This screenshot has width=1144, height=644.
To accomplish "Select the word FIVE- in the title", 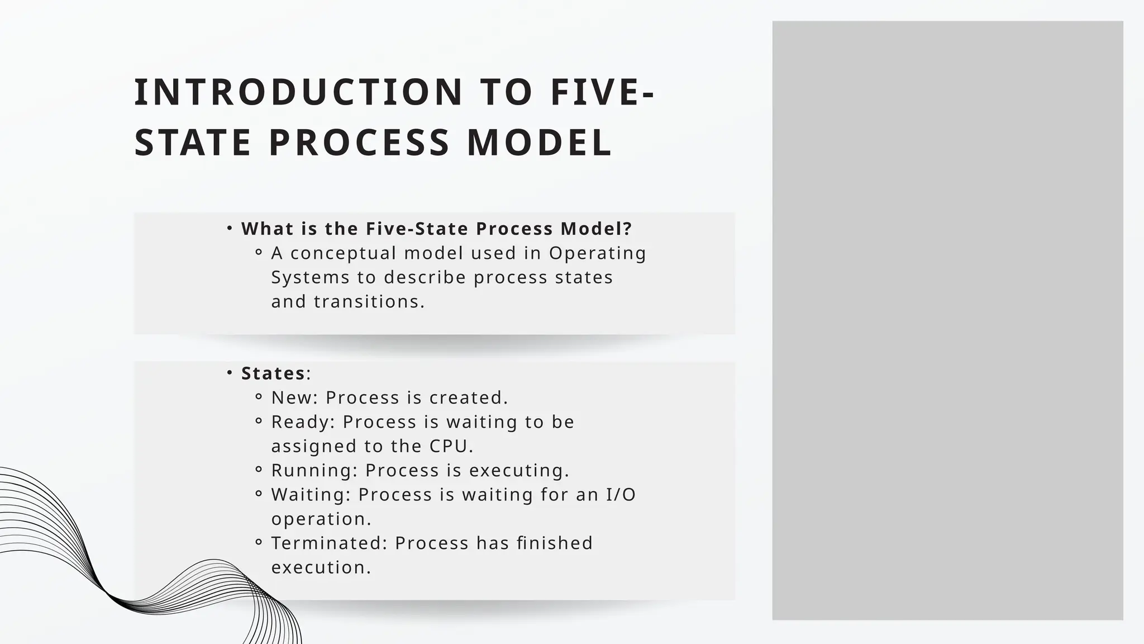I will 602,92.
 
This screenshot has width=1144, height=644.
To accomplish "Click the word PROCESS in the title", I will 359,143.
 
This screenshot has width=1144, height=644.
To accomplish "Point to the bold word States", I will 273,373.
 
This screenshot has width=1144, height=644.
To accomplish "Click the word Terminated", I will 330,543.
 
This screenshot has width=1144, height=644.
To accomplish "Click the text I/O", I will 621,495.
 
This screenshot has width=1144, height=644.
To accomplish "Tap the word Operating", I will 598,253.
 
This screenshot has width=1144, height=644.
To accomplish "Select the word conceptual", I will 343,253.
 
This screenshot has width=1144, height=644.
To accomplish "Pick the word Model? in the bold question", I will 596,229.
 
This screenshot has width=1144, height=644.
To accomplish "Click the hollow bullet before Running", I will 258,470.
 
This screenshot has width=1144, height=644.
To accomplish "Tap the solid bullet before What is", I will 230,228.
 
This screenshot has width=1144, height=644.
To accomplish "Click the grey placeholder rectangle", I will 947,320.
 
